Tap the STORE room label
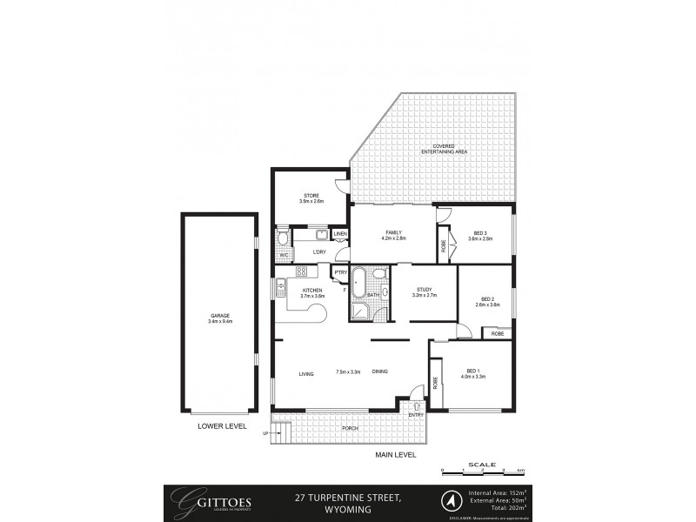point(311,196)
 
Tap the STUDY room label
point(424,290)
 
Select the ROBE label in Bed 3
point(443,245)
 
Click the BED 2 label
point(487,298)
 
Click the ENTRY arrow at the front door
point(417,405)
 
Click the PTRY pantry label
point(340,272)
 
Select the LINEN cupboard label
point(340,234)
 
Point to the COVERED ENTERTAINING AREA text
point(444,149)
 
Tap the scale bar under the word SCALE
point(480,472)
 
